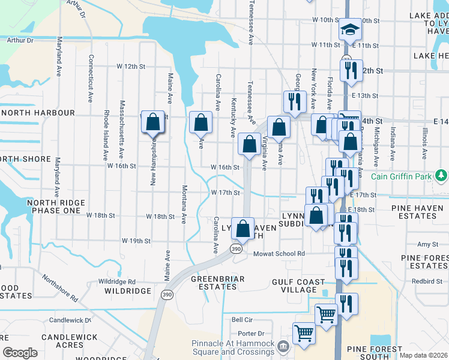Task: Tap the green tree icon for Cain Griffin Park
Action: point(442,175)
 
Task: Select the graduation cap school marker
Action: point(348,29)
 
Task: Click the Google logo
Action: point(20,353)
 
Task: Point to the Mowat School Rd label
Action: point(279,254)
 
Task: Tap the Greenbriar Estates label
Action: point(214,283)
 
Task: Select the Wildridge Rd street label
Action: point(117,281)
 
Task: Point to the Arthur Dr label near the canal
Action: point(20,40)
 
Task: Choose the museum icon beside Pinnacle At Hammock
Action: point(283,346)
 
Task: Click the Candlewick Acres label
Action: point(62,341)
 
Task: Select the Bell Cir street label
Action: point(243,320)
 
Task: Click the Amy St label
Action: point(427,244)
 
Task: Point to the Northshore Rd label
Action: point(60,288)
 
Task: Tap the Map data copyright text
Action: point(424,355)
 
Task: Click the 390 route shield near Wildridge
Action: point(167,294)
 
